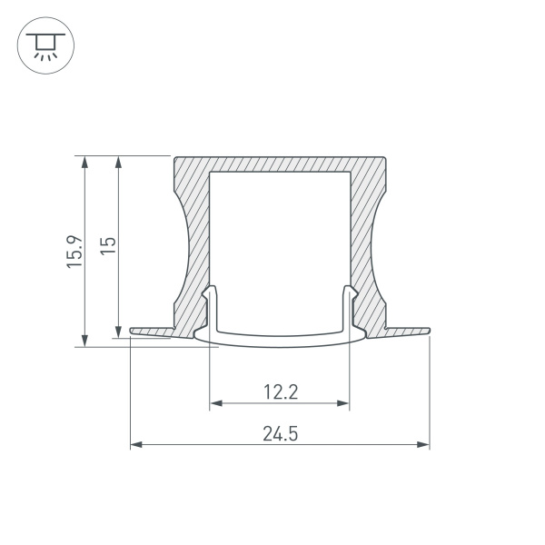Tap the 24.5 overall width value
point(280,433)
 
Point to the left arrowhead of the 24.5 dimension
point(135,445)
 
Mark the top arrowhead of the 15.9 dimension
point(84,161)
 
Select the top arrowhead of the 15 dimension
point(117,161)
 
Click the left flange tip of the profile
point(134,331)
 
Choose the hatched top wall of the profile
point(280,162)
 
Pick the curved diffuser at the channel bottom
point(280,340)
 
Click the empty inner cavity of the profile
point(280,236)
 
